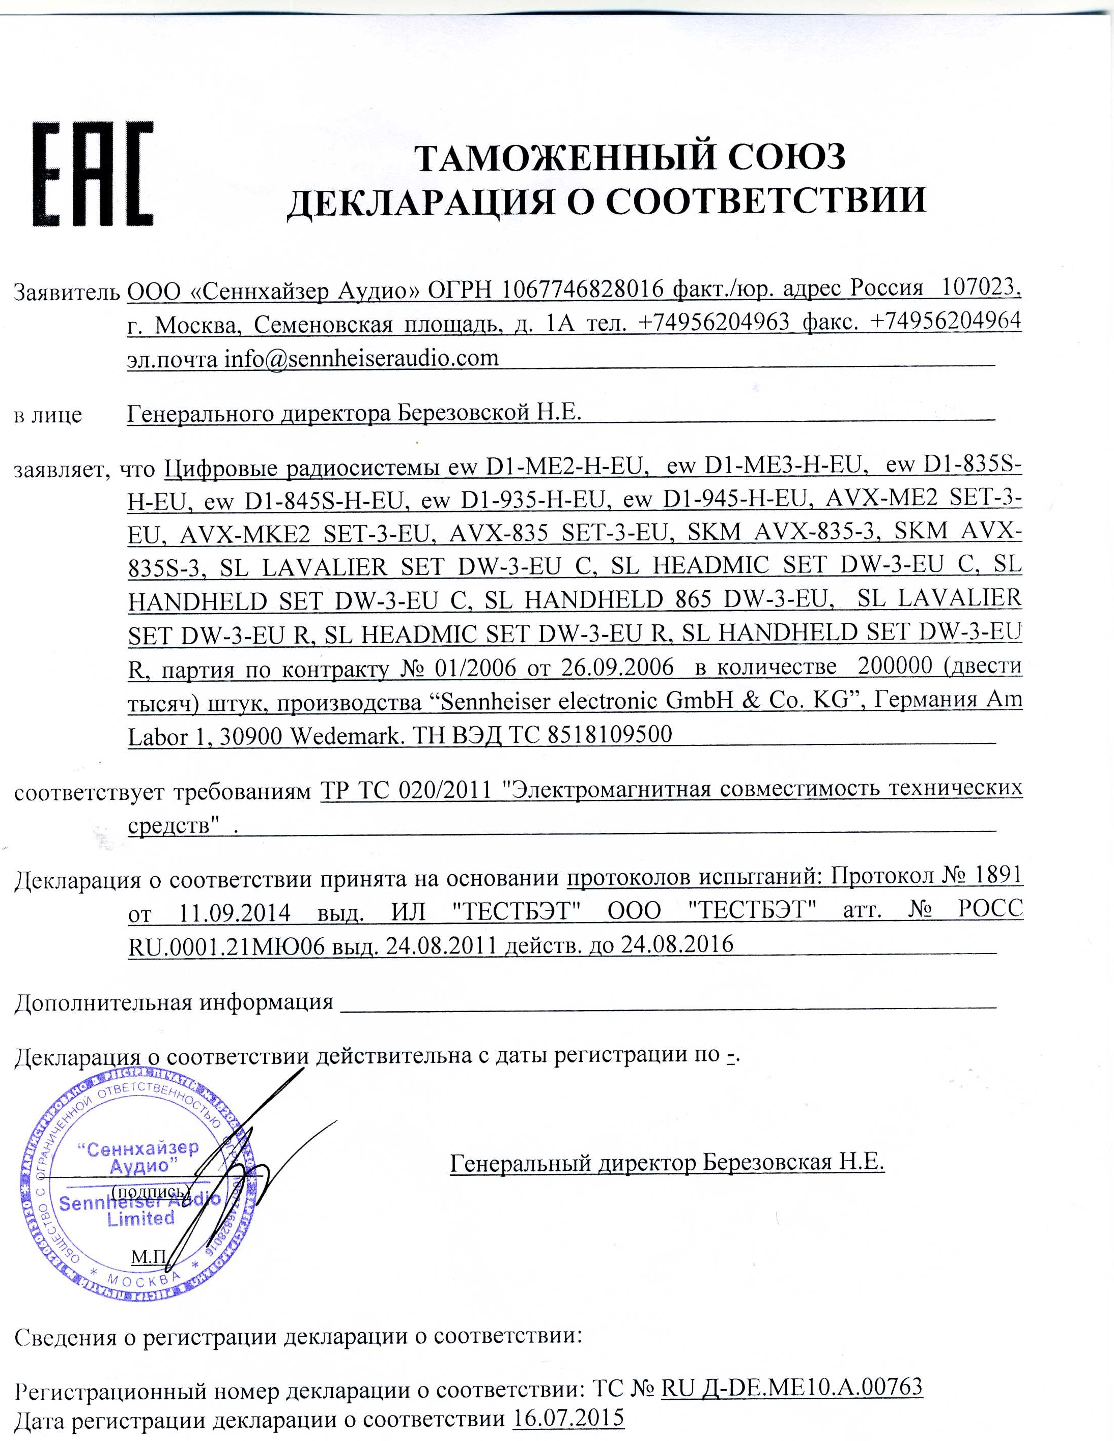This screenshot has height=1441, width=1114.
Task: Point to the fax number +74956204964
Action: pos(946,321)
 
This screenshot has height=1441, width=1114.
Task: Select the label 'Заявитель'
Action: pos(66,291)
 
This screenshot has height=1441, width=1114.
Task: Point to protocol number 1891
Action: pos(998,876)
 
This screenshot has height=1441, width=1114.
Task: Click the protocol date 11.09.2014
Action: pos(235,913)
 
